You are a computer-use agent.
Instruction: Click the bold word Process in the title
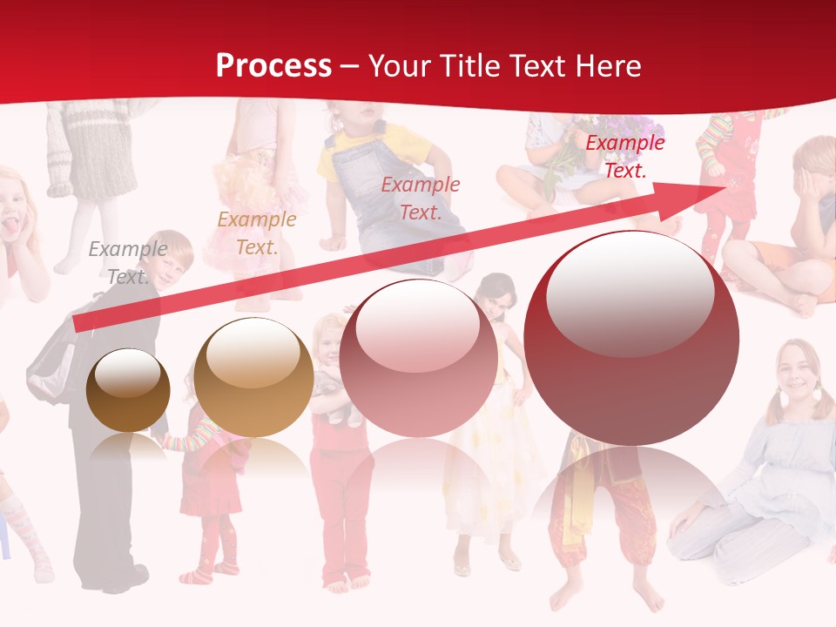pyautogui.click(x=273, y=66)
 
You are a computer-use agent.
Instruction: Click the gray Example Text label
pyautogui.click(x=127, y=262)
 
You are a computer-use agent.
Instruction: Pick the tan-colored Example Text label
pyautogui.click(x=256, y=233)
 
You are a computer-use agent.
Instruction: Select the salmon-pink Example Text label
pyautogui.click(x=421, y=198)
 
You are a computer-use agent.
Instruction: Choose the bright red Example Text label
pyautogui.click(x=624, y=157)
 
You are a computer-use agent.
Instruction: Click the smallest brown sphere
pyautogui.click(x=128, y=390)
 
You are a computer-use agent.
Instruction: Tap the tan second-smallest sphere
pyautogui.click(x=253, y=377)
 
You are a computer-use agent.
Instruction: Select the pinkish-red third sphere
pyautogui.click(x=418, y=357)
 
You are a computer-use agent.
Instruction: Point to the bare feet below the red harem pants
pyautogui.click(x=610, y=592)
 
